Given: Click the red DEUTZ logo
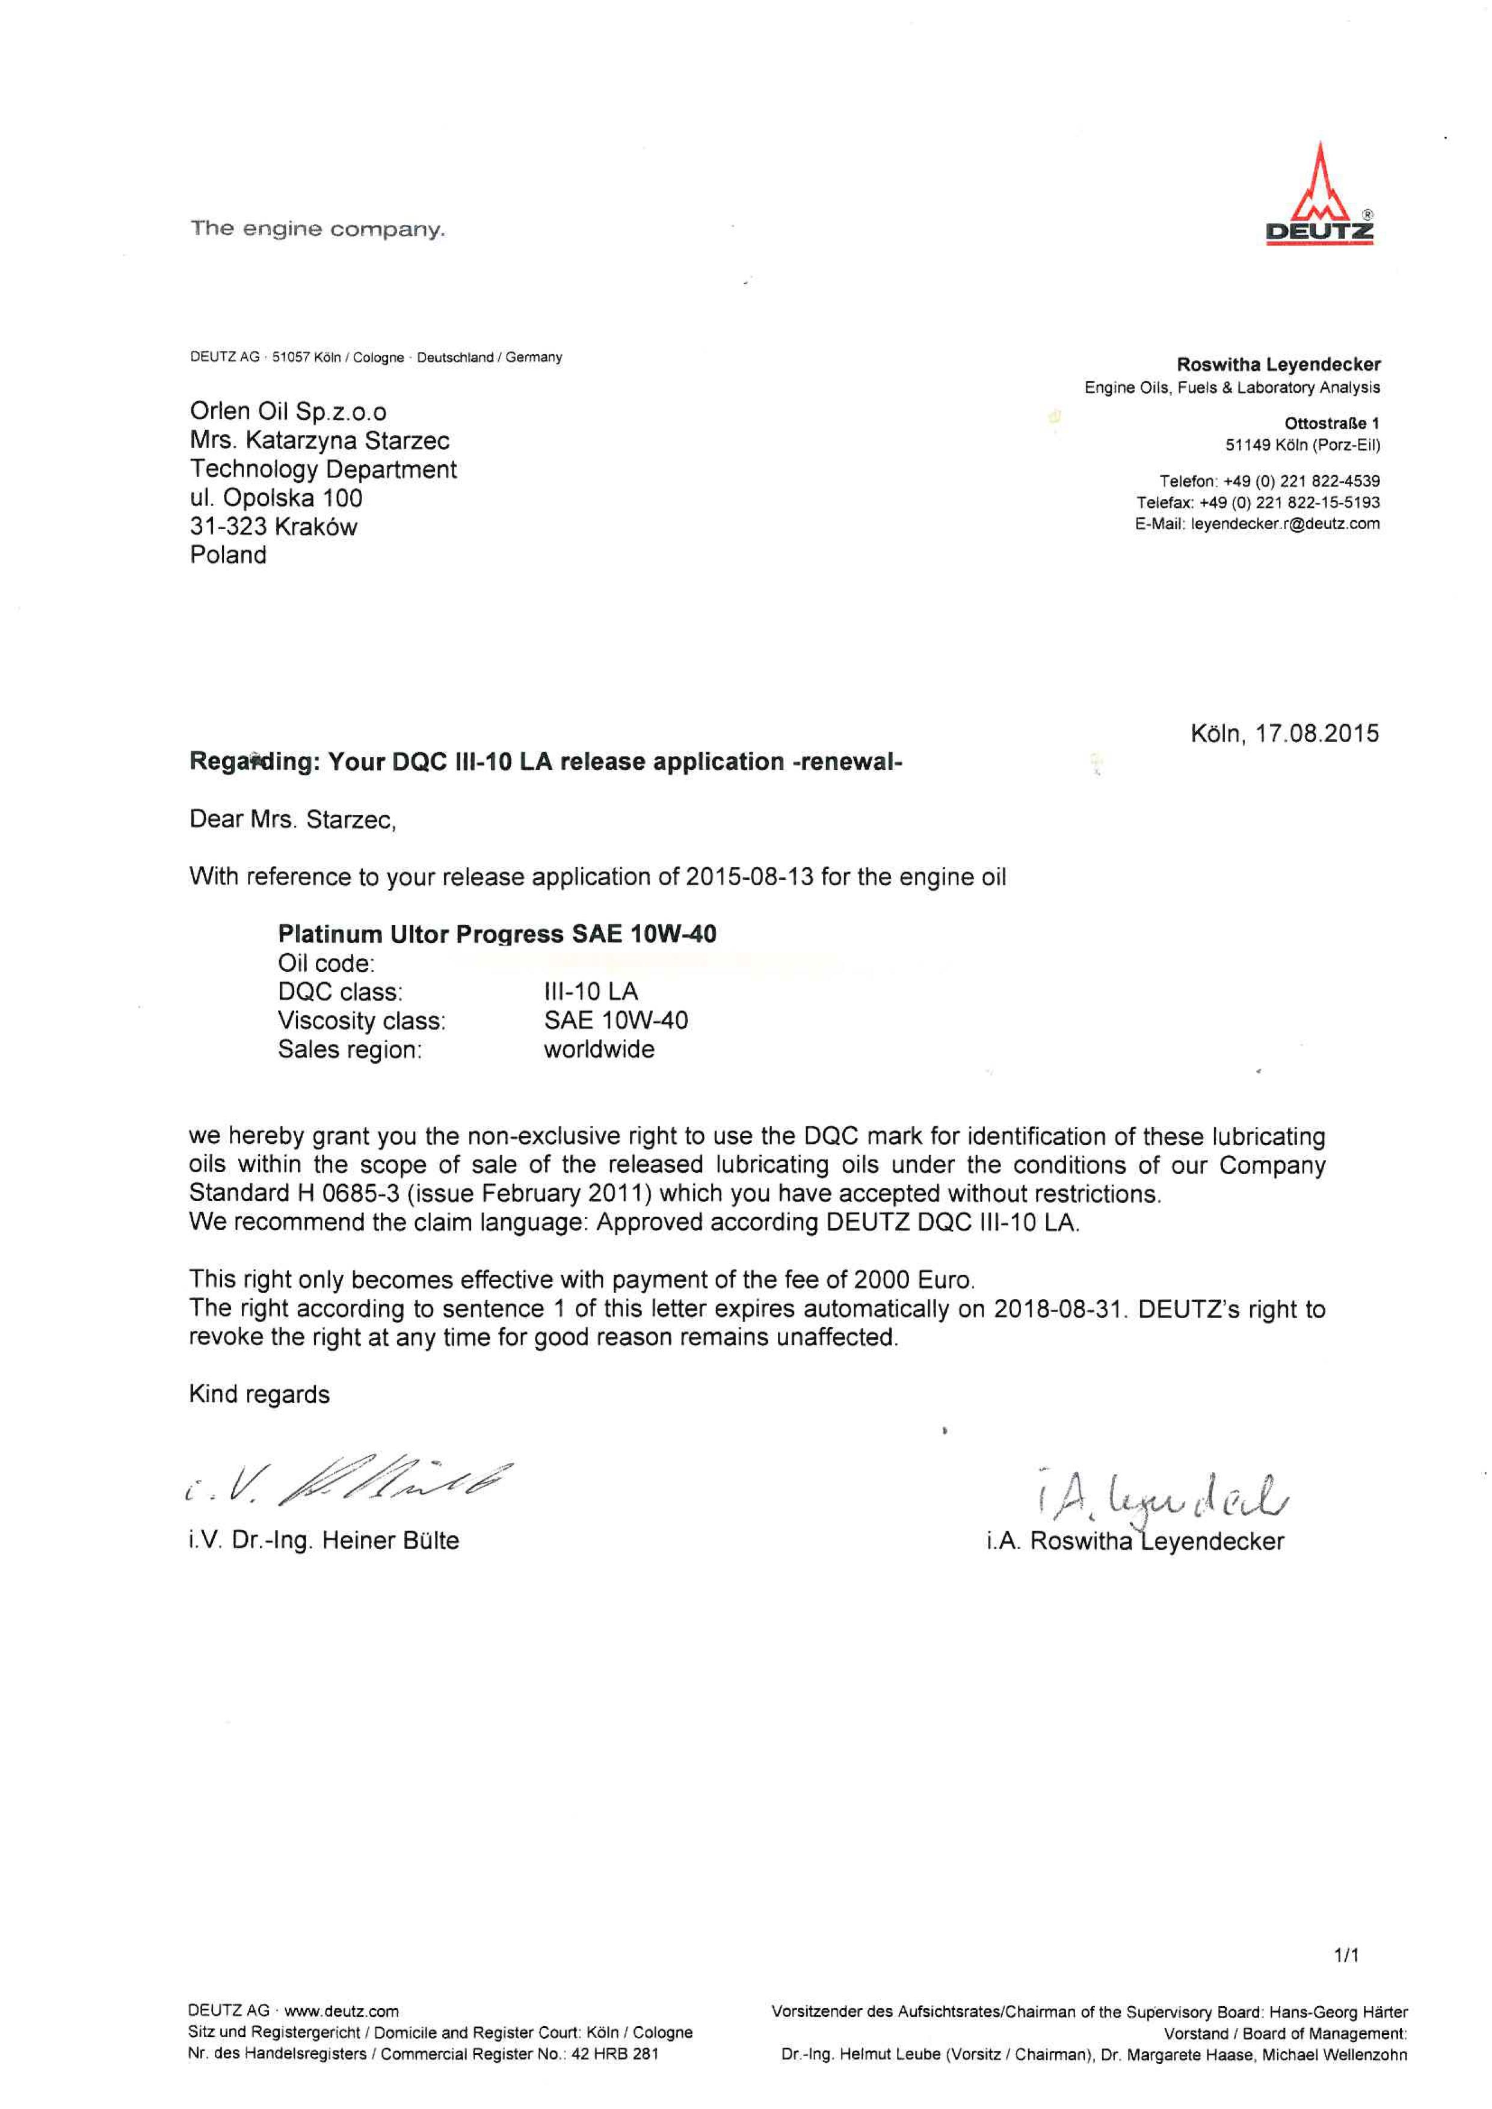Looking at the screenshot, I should tap(1319, 195).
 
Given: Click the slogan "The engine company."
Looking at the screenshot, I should tap(317, 229).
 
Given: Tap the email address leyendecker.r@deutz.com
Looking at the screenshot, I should tap(1285, 524).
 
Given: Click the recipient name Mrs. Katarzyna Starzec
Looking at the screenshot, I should tap(319, 441).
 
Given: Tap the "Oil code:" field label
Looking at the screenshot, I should tap(326, 963).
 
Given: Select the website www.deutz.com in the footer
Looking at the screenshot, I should tap(342, 2012).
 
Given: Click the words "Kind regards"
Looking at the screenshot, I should tap(259, 1395).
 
